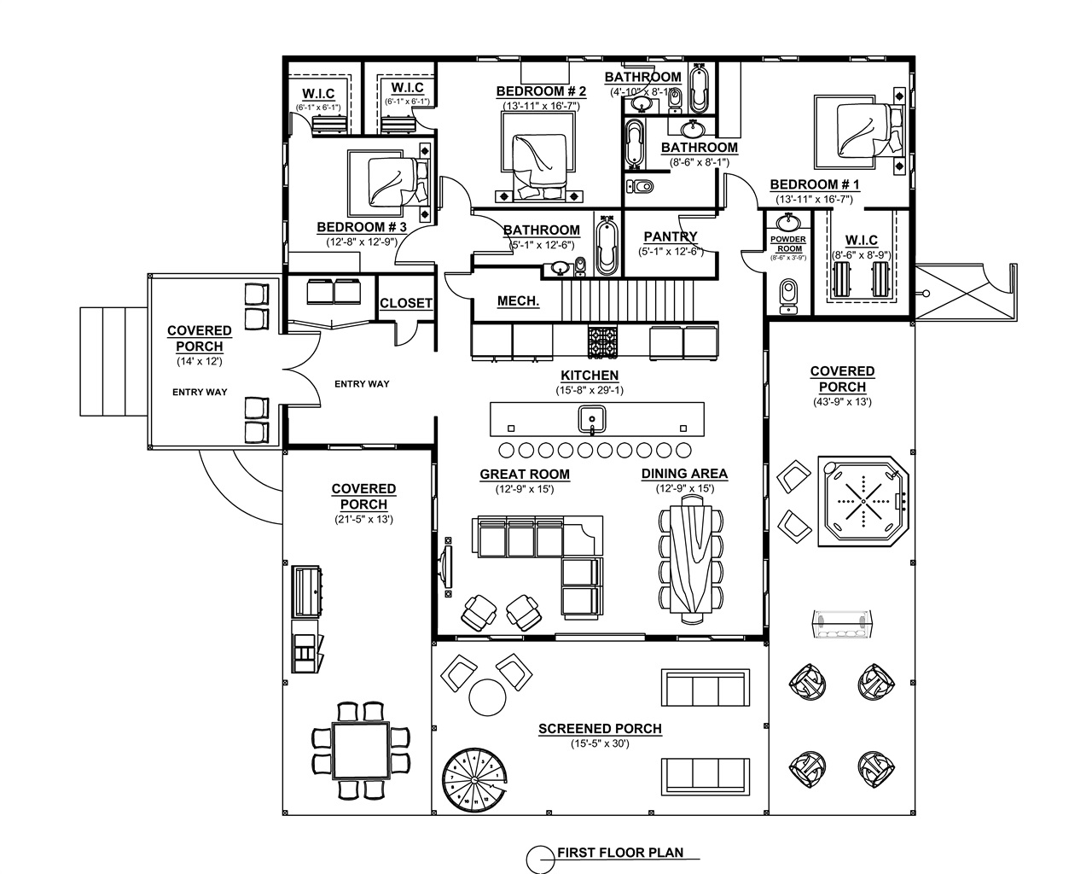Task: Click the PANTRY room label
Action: (x=670, y=236)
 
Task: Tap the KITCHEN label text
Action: (x=590, y=376)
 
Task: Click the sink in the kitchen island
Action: (x=591, y=419)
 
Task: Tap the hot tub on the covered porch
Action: (x=864, y=503)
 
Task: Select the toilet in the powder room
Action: (x=787, y=293)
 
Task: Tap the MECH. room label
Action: (x=518, y=301)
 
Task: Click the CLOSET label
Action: (x=406, y=303)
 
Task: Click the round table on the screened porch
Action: (x=487, y=696)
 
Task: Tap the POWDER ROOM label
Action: (x=787, y=244)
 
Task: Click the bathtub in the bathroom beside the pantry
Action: (x=606, y=247)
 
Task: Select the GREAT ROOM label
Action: (x=525, y=475)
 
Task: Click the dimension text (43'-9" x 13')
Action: (x=842, y=401)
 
